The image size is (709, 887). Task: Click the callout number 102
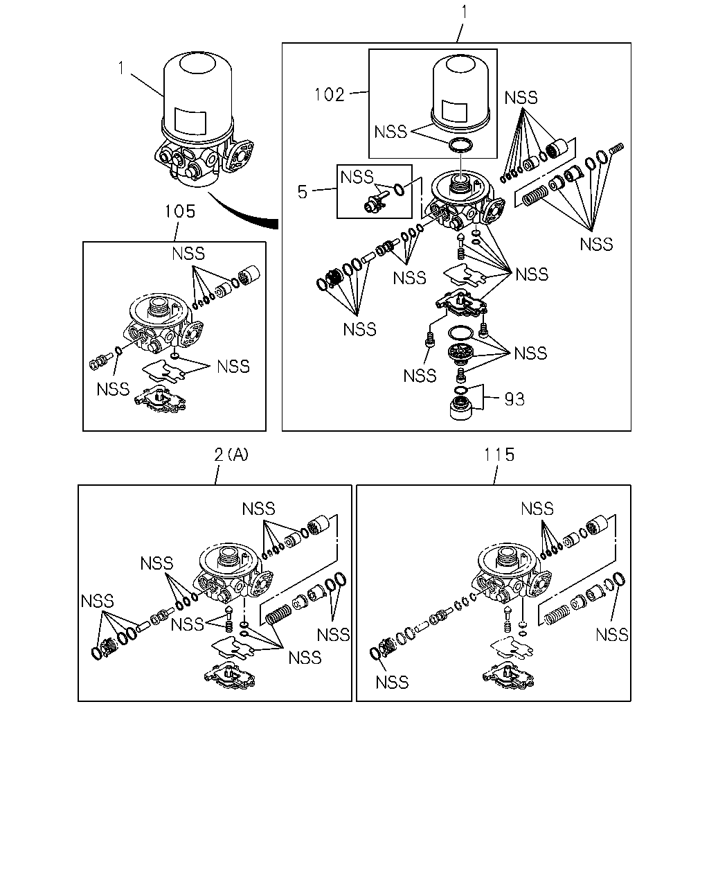[329, 95]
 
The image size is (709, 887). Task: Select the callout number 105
[180, 211]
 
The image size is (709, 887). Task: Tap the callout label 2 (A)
[231, 455]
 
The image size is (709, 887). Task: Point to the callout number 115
[499, 455]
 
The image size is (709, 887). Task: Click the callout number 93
[514, 399]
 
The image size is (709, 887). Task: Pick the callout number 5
[303, 192]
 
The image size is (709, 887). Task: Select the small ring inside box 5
[400, 189]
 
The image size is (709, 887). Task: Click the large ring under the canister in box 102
[460, 145]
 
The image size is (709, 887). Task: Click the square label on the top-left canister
[190, 121]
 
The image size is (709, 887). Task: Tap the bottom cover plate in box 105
[160, 398]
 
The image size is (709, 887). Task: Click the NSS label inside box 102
[391, 132]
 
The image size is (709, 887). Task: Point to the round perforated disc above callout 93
[460, 353]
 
